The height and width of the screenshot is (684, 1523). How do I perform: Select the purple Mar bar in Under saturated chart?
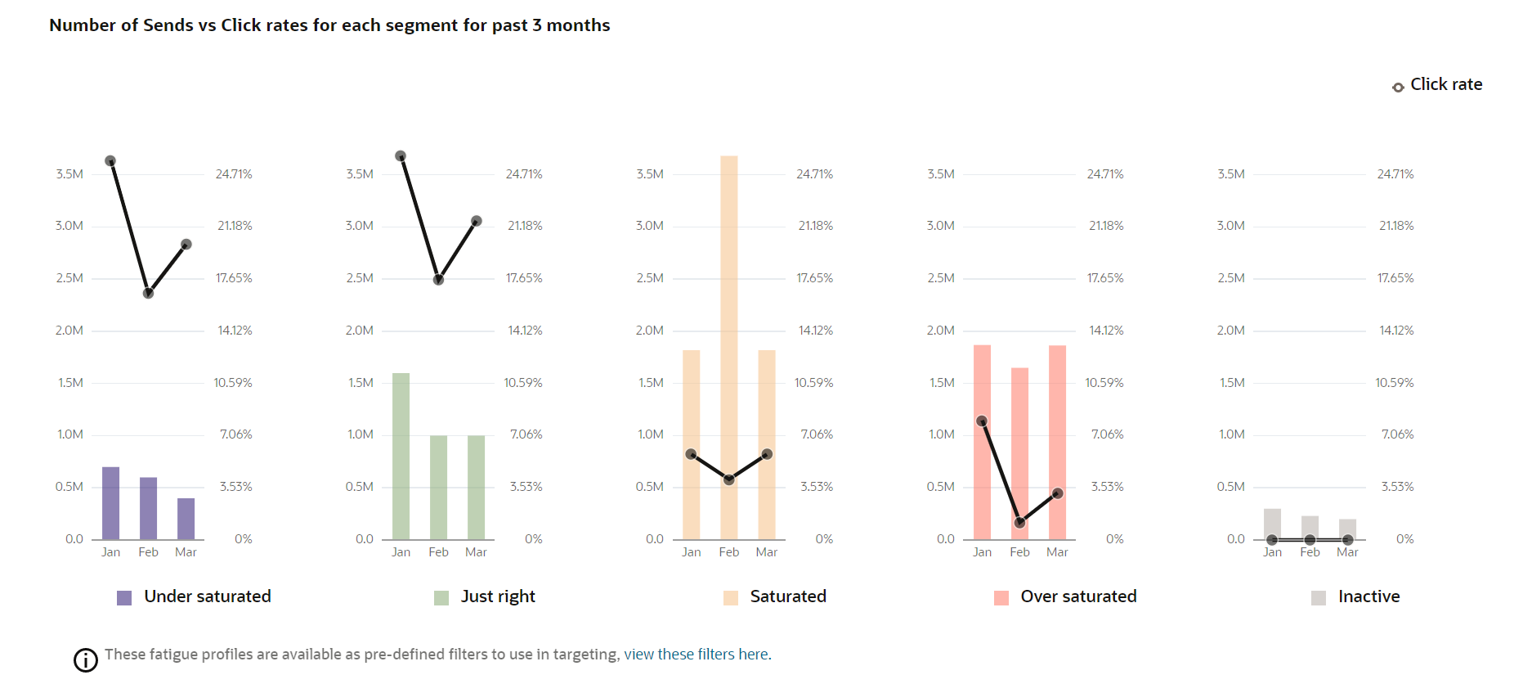[x=186, y=519]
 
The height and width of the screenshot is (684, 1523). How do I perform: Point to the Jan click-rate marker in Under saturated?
[x=110, y=161]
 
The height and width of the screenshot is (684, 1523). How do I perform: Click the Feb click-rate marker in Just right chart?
[x=438, y=280]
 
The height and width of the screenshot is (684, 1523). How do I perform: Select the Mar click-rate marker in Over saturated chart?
[x=1057, y=493]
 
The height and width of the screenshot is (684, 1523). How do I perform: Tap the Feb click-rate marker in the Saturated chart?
[x=728, y=479]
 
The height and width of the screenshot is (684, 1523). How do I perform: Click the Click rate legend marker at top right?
[x=1398, y=87]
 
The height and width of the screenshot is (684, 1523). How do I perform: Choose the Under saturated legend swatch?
[x=124, y=598]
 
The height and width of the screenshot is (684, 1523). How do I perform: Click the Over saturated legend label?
[x=1078, y=596]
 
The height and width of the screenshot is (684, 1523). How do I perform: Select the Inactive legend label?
[x=1368, y=596]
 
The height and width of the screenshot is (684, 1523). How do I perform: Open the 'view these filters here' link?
[x=697, y=655]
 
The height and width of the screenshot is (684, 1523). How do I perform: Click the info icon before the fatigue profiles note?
[x=86, y=659]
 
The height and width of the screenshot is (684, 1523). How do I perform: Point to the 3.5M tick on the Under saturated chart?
[x=69, y=174]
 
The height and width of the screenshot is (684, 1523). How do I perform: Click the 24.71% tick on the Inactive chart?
[x=1395, y=174]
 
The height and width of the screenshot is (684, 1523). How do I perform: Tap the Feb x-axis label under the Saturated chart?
[x=728, y=552]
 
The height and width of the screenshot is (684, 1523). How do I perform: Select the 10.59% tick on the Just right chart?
[x=523, y=383]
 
